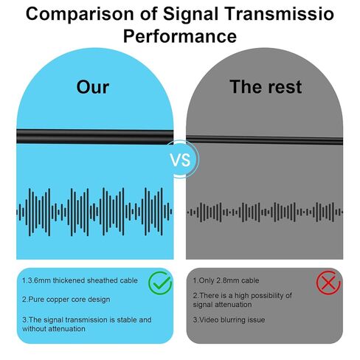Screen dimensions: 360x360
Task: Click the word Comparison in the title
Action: tap(80, 15)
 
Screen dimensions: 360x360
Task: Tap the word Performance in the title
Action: tap(180, 36)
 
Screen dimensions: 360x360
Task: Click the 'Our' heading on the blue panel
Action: tap(93, 87)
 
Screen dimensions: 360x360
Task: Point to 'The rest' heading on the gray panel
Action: tap(266, 87)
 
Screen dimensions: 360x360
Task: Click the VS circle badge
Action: tap(180, 159)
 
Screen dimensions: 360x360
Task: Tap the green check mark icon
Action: tap(160, 283)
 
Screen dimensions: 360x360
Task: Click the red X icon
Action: tap(328, 283)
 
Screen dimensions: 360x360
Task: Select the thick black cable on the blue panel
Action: tap(95, 136)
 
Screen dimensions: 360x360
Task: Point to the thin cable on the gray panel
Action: tap(264, 140)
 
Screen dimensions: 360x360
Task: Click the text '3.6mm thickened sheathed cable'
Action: tap(82, 280)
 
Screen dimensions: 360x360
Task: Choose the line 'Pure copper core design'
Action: tap(69, 300)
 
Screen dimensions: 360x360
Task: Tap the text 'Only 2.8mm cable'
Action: tap(229, 280)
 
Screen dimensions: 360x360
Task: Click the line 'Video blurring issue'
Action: tap(232, 319)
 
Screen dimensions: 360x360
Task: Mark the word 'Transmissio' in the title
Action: tap(280, 14)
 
